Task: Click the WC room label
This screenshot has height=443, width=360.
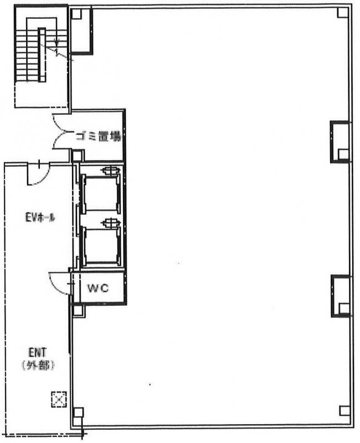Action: click(98, 288)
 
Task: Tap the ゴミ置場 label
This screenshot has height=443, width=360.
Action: click(98, 136)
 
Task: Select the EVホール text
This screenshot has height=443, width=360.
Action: click(40, 218)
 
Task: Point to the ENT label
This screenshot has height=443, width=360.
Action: click(38, 353)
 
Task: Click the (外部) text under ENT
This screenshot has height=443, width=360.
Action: click(38, 365)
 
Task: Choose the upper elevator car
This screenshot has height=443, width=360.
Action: click(101, 194)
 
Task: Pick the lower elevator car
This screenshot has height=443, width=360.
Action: click(101, 246)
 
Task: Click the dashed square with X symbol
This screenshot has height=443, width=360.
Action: click(59, 399)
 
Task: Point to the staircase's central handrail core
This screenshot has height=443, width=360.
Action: click(42, 55)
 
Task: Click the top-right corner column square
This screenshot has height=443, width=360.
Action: click(343, 13)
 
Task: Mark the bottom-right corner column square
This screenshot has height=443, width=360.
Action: click(344, 411)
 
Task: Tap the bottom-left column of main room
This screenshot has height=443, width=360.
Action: click(78, 413)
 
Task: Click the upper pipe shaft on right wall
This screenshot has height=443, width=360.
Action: click(340, 142)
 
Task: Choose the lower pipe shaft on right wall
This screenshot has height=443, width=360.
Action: click(341, 296)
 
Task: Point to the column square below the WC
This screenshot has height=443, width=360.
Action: click(79, 310)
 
